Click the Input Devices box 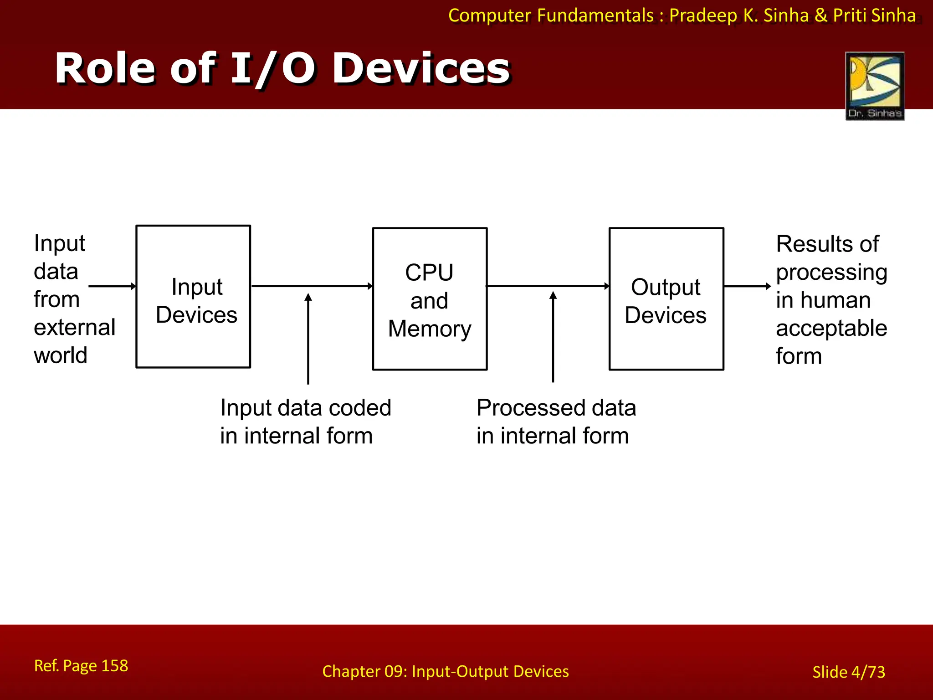click(x=194, y=297)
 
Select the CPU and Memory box click(x=430, y=299)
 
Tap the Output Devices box click(x=666, y=299)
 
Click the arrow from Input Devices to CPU click(x=312, y=286)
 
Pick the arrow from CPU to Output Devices click(x=548, y=286)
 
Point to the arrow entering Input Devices click(x=112, y=286)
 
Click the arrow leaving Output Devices click(x=747, y=286)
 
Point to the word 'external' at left click(x=75, y=328)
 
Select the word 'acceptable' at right click(x=831, y=328)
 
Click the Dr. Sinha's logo click(x=875, y=86)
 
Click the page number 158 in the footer click(x=114, y=666)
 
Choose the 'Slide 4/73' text click(x=849, y=672)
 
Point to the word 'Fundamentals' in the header click(x=595, y=16)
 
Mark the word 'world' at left click(x=61, y=355)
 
